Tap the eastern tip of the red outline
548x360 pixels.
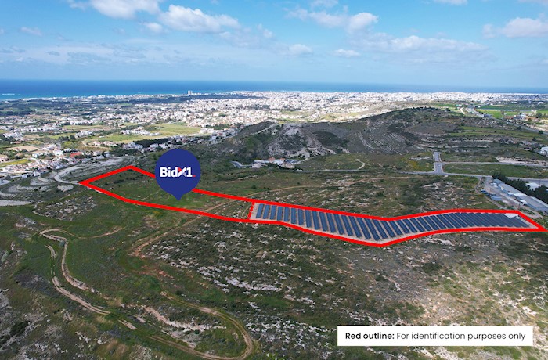(543, 229)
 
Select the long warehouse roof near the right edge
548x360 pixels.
(518, 196)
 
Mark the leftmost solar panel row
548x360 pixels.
(261, 211)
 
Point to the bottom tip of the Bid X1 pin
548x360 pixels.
(178, 198)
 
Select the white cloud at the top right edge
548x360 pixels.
(521, 27)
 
